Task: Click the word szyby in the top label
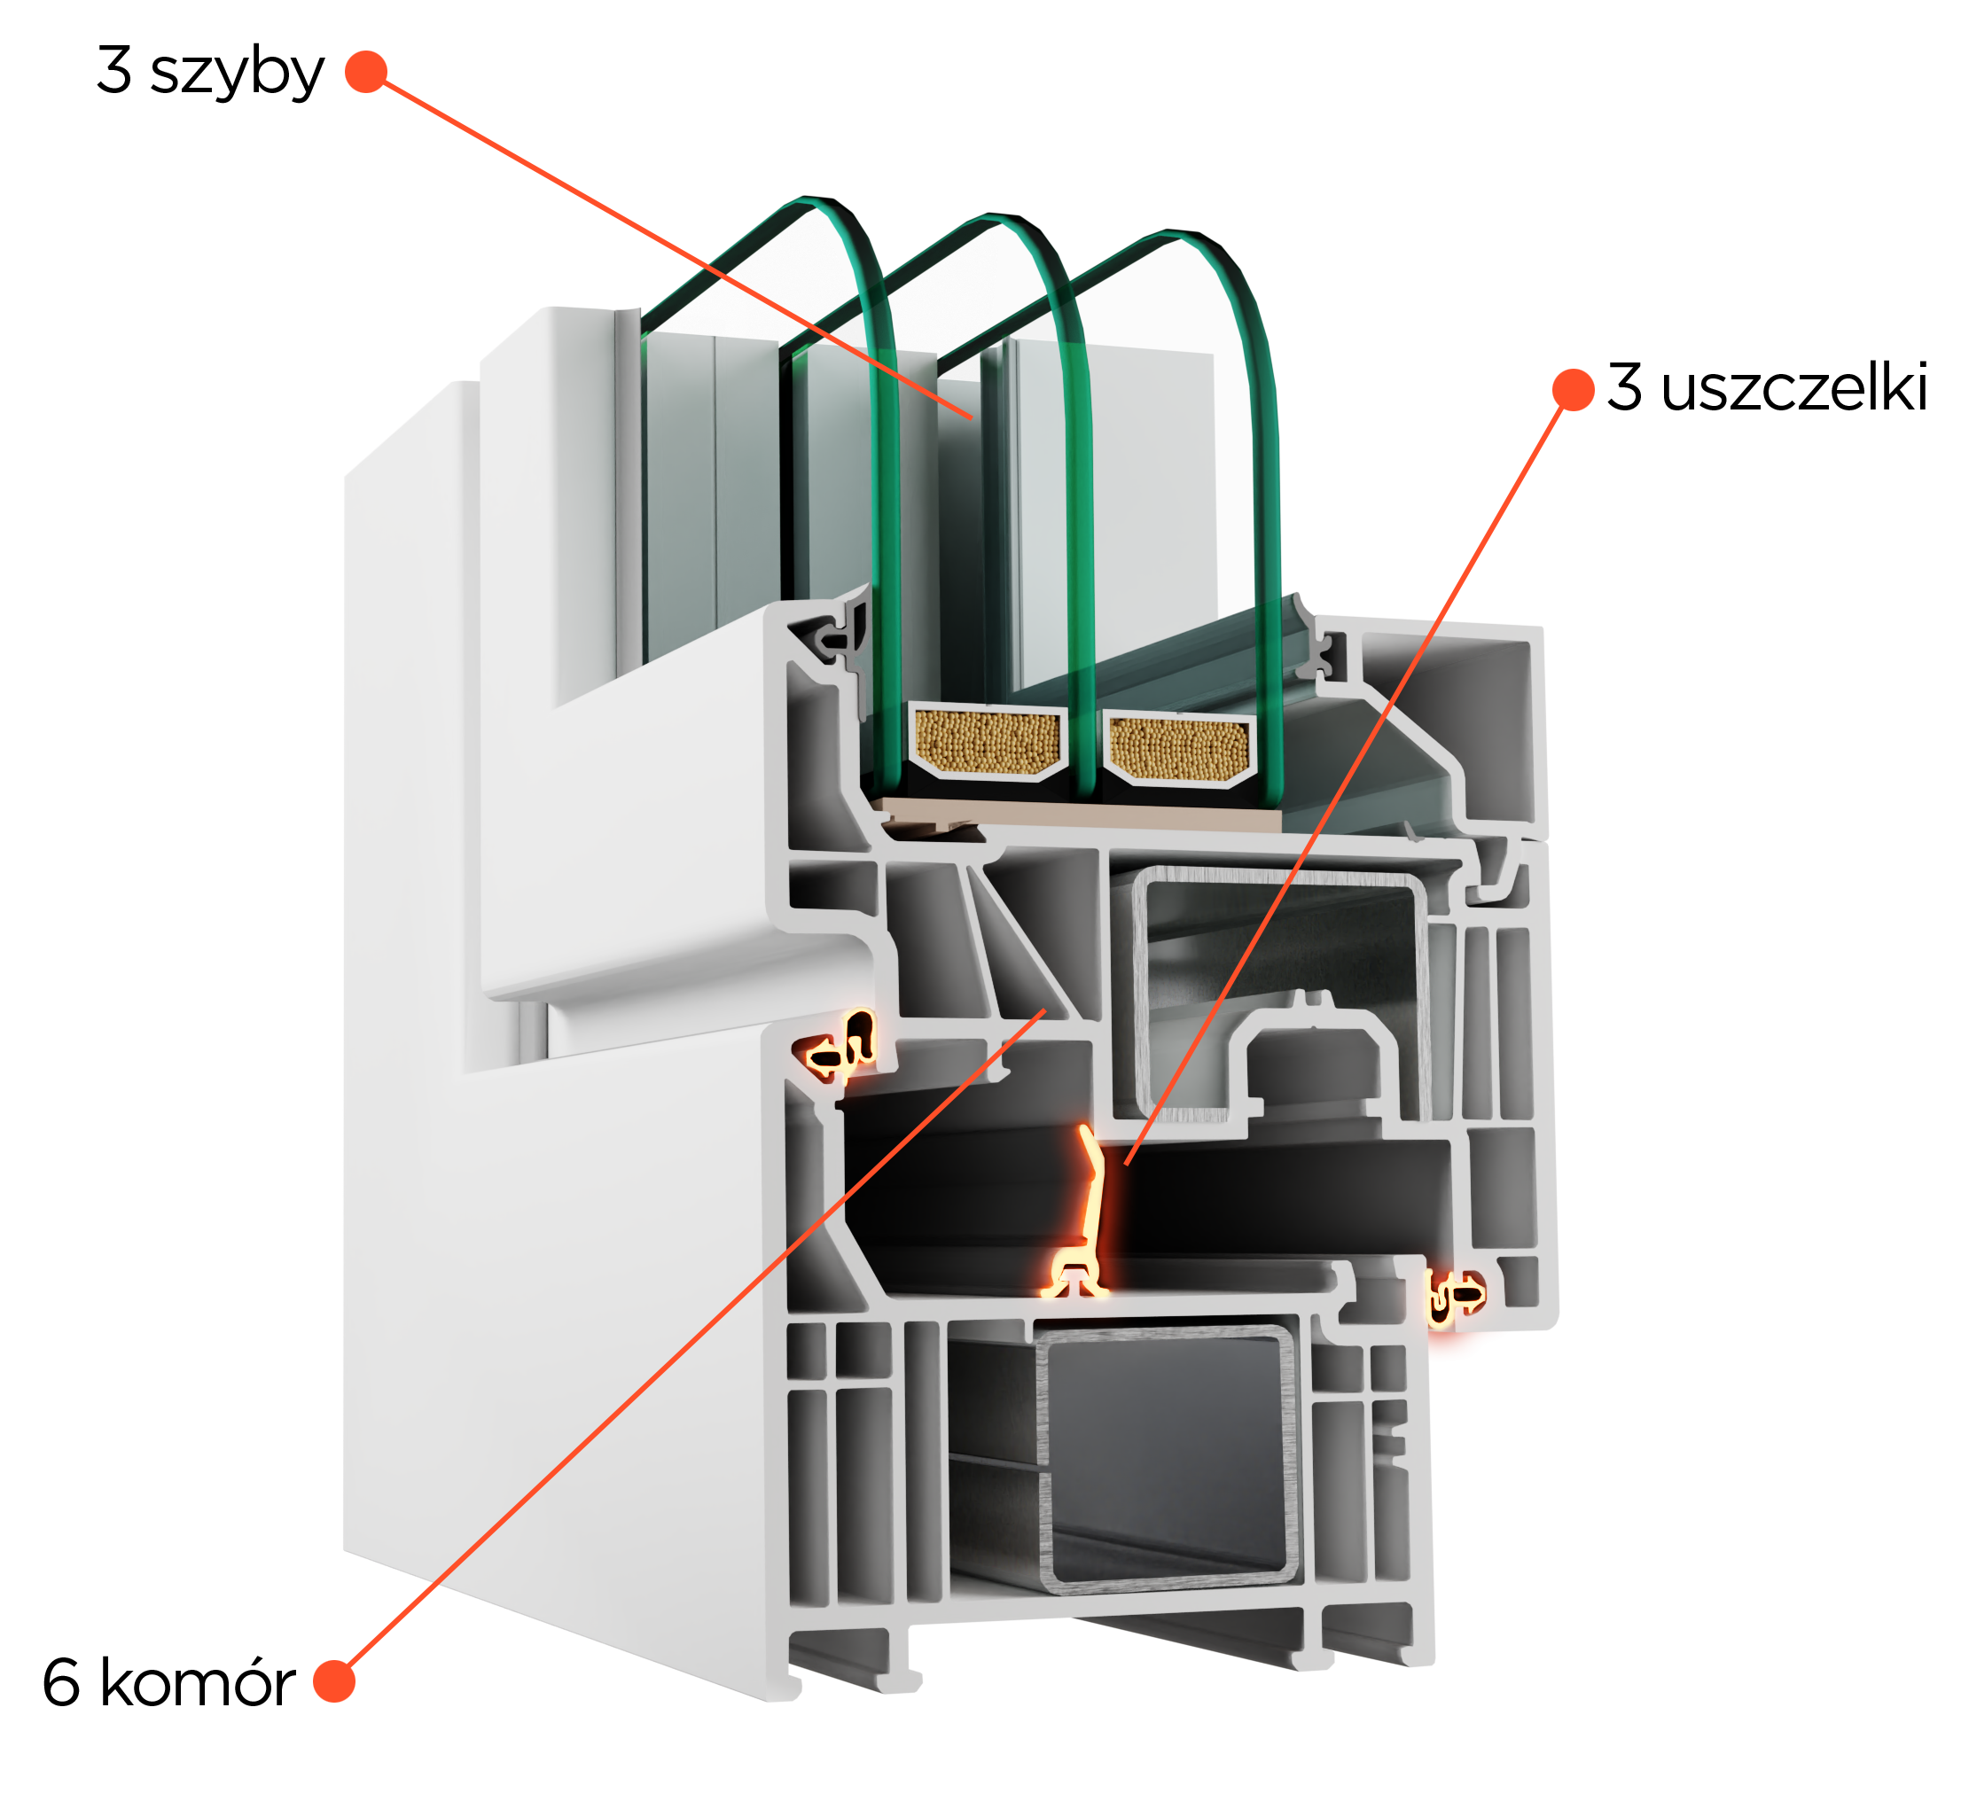click(x=237, y=73)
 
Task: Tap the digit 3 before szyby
click(x=114, y=69)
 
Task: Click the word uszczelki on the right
click(x=1794, y=387)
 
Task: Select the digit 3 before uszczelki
click(x=1624, y=387)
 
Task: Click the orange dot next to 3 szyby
click(x=366, y=71)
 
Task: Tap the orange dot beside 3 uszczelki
click(x=1573, y=390)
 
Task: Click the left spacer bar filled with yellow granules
click(x=988, y=742)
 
